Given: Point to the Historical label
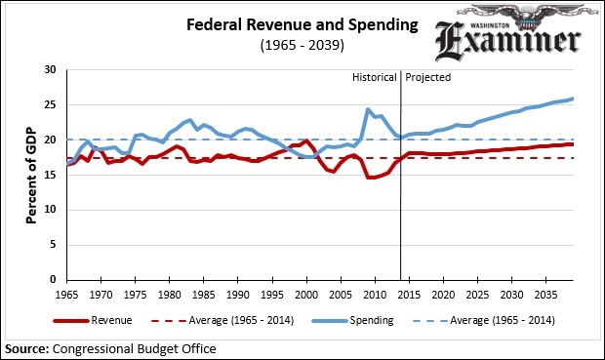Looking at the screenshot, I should click(374, 77).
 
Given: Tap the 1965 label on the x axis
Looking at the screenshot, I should click(68, 294).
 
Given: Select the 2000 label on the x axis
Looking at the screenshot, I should click(307, 294).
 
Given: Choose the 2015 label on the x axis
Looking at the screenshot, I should click(410, 294).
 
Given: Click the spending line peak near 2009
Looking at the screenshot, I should click(368, 109).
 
